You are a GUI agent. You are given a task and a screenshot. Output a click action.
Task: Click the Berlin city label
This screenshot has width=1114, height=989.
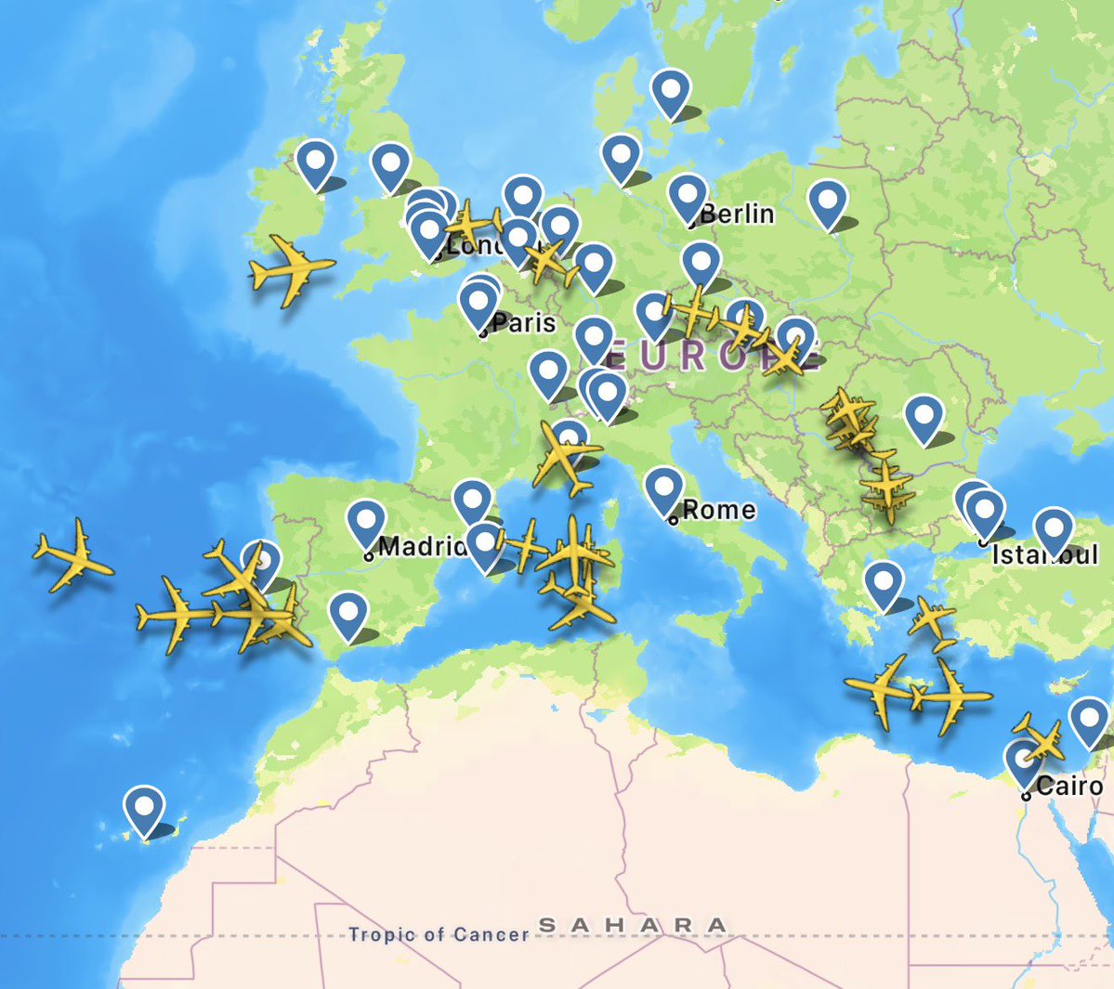click(737, 214)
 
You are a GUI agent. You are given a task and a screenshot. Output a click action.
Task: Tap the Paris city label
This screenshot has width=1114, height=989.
click(524, 322)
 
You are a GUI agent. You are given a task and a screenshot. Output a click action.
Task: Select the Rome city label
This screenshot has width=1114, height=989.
click(718, 510)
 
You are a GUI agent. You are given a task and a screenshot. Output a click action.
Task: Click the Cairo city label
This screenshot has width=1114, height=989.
click(1068, 786)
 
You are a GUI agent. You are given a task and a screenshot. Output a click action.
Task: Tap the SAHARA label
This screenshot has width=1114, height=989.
click(633, 925)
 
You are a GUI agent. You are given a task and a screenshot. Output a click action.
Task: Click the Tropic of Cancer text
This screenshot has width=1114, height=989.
click(439, 933)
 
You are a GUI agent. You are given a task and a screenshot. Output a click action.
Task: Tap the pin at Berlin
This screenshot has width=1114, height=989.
click(688, 196)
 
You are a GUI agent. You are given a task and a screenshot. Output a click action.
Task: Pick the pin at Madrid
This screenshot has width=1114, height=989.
click(366, 522)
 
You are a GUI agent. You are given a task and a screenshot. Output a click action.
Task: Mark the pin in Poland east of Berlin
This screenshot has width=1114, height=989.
click(827, 202)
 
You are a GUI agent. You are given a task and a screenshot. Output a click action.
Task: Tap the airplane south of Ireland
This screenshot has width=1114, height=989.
click(291, 270)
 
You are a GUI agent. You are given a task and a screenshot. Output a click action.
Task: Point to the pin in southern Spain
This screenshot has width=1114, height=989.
click(348, 613)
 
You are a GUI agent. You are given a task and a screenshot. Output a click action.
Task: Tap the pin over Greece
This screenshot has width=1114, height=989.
click(884, 583)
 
